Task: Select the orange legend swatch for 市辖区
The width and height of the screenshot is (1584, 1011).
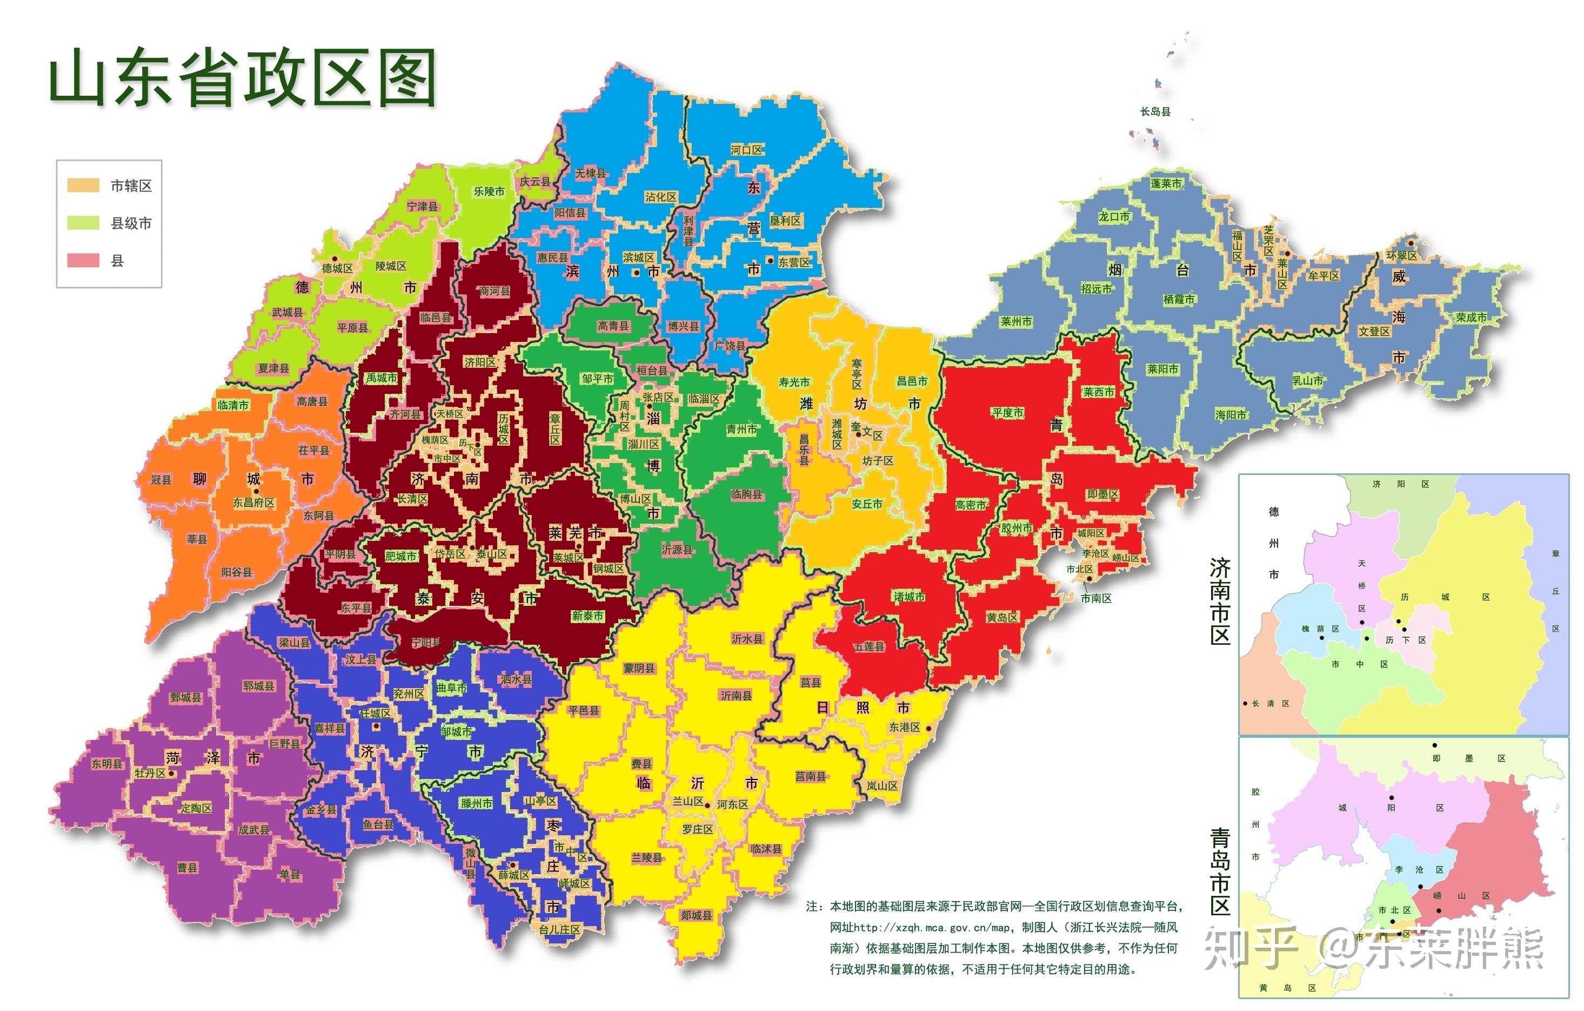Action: click(x=84, y=186)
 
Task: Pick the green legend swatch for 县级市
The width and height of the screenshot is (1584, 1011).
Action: click(x=84, y=223)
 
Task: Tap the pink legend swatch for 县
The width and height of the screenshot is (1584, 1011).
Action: click(x=84, y=261)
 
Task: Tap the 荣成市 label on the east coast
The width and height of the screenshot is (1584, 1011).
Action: click(x=1471, y=317)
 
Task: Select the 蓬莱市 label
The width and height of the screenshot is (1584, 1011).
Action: click(x=1166, y=183)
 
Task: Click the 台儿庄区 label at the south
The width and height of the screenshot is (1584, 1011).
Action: click(x=559, y=929)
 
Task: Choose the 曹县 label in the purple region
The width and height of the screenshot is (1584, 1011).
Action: click(x=188, y=868)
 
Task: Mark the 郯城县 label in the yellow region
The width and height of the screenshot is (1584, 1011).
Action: click(x=696, y=915)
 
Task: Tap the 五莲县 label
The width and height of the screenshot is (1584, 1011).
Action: click(x=870, y=647)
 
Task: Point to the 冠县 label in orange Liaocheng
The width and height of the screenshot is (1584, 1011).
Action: click(x=161, y=480)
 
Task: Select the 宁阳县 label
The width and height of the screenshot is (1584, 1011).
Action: click(x=426, y=643)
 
